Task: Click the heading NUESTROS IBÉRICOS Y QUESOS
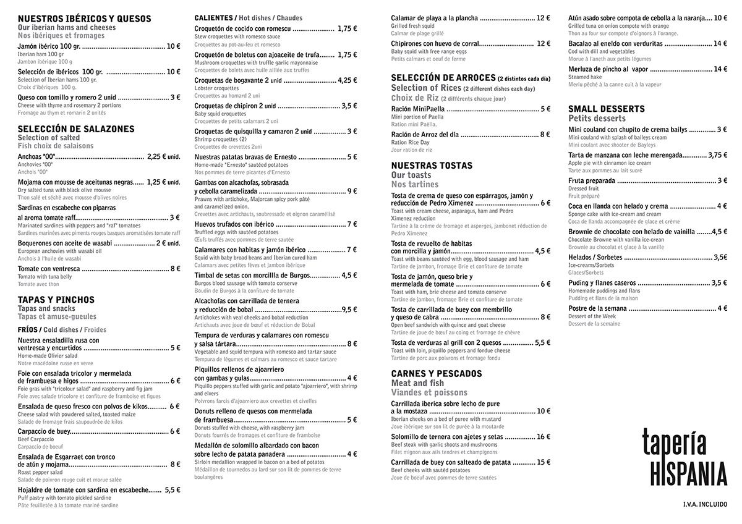[84, 19]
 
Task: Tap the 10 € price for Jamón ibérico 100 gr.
[174, 46]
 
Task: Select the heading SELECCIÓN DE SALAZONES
[76, 129]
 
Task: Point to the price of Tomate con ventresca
[175, 268]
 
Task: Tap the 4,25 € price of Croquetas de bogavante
[347, 80]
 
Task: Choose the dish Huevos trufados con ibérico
[234, 224]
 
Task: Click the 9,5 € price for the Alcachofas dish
[349, 309]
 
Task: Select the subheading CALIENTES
[213, 18]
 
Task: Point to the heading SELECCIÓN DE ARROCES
[443, 77]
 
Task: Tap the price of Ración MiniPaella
[545, 109]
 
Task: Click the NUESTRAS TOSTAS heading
[432, 166]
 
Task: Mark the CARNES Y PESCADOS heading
[437, 374]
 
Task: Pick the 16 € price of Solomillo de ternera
[544, 436]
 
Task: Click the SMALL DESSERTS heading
[607, 109]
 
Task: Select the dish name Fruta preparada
[592, 180]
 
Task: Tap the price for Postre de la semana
[722, 308]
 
